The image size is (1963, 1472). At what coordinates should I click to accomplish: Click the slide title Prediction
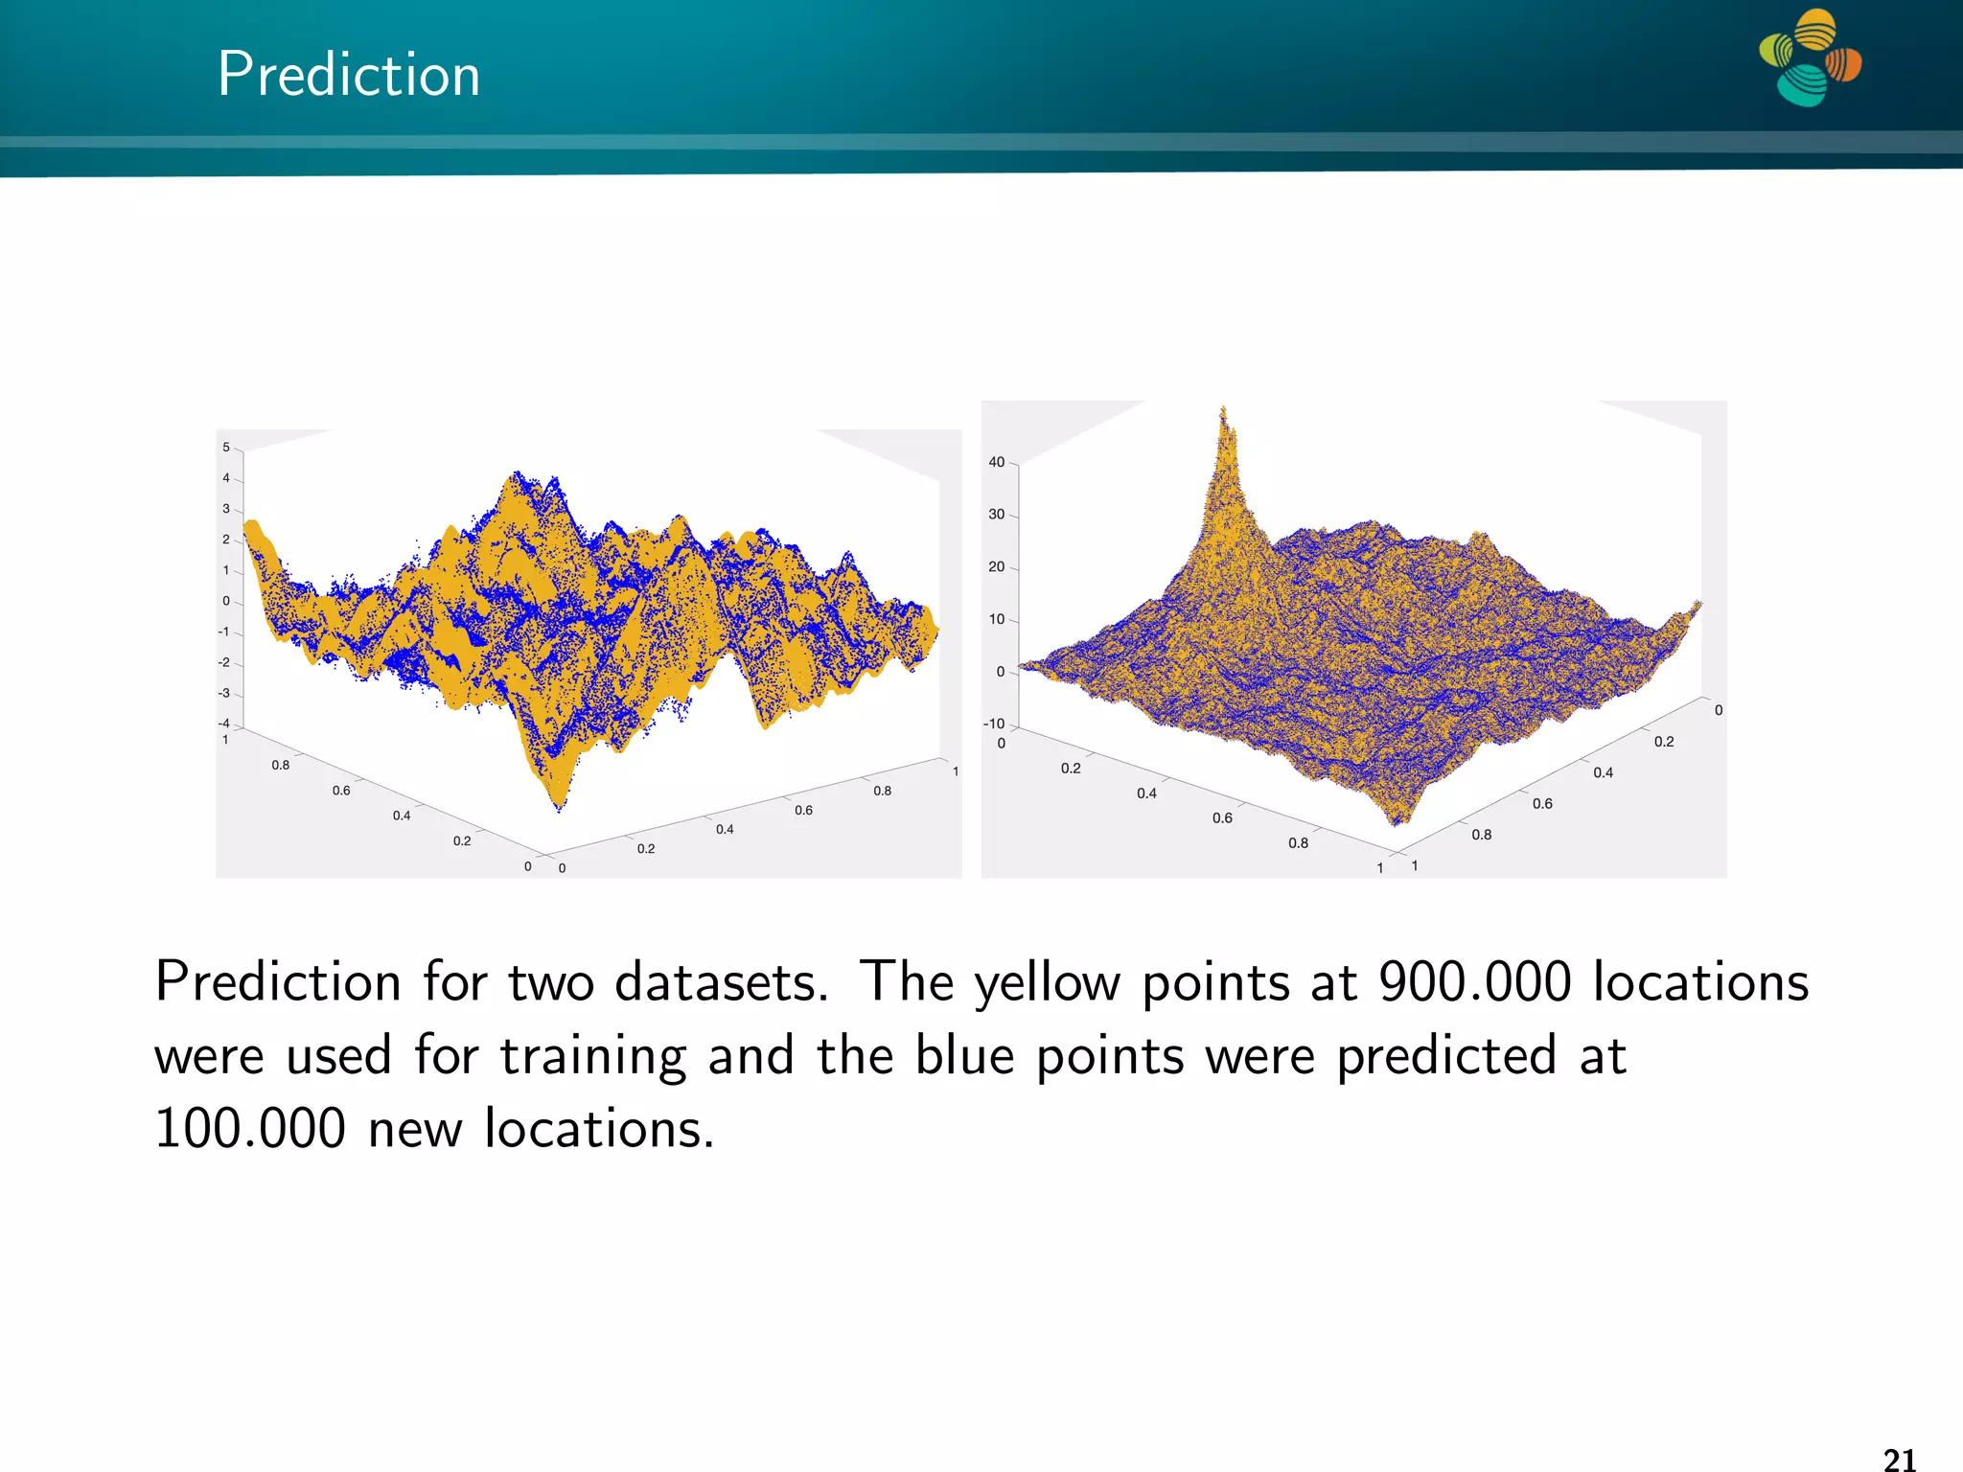coord(348,75)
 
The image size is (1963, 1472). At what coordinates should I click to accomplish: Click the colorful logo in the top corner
coord(1810,57)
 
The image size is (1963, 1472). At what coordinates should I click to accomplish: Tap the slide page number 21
coord(1899,1459)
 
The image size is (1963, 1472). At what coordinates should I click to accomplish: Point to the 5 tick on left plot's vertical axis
coord(226,448)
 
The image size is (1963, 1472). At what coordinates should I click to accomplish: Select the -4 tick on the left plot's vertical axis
coord(224,724)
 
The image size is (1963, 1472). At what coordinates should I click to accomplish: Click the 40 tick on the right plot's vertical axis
coord(996,462)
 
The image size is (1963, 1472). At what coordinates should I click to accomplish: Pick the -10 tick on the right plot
coord(994,724)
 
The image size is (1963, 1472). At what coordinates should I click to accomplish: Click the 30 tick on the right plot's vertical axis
coord(996,515)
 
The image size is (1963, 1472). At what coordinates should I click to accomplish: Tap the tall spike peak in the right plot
coord(1223,412)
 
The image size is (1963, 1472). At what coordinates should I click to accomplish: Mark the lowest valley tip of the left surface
coord(559,808)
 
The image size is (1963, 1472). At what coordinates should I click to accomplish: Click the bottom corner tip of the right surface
coord(1397,821)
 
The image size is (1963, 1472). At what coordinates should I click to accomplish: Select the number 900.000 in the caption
coord(1474,982)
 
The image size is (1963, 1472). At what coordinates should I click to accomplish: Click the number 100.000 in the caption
coord(249,1129)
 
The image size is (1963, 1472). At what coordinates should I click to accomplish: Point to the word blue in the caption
coord(964,1056)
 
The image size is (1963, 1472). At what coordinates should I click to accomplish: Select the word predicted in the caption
coord(1445,1056)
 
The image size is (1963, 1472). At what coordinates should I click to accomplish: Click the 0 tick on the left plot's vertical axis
coord(226,601)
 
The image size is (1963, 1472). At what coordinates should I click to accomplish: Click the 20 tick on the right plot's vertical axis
coord(996,566)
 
